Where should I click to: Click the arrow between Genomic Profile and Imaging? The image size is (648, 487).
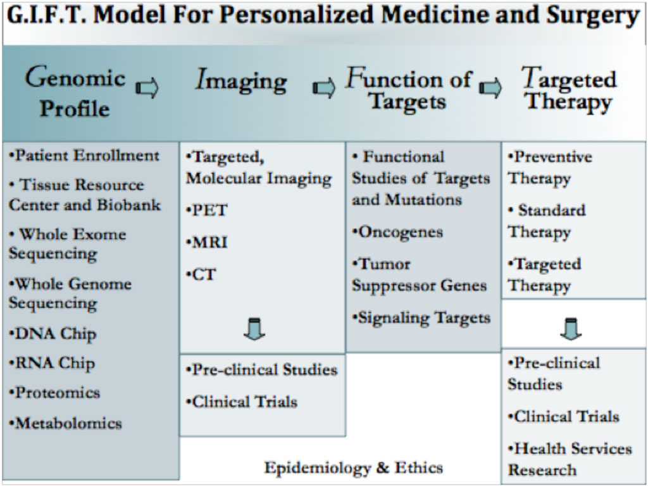click(147, 87)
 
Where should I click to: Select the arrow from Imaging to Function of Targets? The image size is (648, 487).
click(324, 87)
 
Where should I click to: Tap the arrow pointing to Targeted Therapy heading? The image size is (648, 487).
click(490, 87)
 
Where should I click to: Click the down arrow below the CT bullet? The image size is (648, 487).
click(254, 329)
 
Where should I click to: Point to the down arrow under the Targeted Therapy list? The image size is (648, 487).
click(571, 329)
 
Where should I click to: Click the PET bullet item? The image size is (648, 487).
click(207, 210)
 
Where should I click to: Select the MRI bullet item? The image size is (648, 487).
click(207, 242)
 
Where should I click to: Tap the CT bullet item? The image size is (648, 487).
click(201, 274)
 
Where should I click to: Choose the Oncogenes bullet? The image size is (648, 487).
click(397, 233)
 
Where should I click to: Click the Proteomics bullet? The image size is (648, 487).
click(54, 393)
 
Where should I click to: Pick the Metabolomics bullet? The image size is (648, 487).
click(66, 423)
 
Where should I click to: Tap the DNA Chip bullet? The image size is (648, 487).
click(53, 334)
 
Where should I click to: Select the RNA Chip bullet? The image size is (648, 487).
click(52, 364)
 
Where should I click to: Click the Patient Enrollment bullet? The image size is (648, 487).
click(84, 156)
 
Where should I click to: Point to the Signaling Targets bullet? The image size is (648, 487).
click(421, 319)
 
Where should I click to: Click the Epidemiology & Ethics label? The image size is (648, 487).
click(354, 468)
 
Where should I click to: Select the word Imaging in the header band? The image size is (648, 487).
click(241, 80)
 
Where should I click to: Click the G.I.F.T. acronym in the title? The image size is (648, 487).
click(47, 15)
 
